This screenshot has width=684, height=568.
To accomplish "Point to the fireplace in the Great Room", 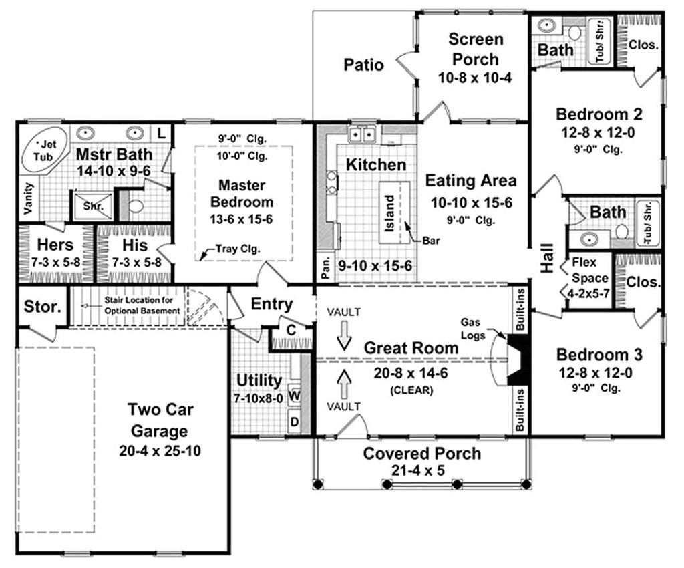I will tap(516, 360).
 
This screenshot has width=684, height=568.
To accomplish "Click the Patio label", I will tap(363, 65).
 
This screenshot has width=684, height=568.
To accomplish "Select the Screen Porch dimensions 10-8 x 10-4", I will tap(474, 78).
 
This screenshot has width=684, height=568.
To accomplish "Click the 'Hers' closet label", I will tap(55, 245).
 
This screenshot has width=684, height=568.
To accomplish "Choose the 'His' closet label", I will tap(135, 245).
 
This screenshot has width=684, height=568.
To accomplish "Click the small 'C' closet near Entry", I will tap(291, 329).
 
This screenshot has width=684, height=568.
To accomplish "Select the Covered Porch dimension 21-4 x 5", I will tap(421, 470).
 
